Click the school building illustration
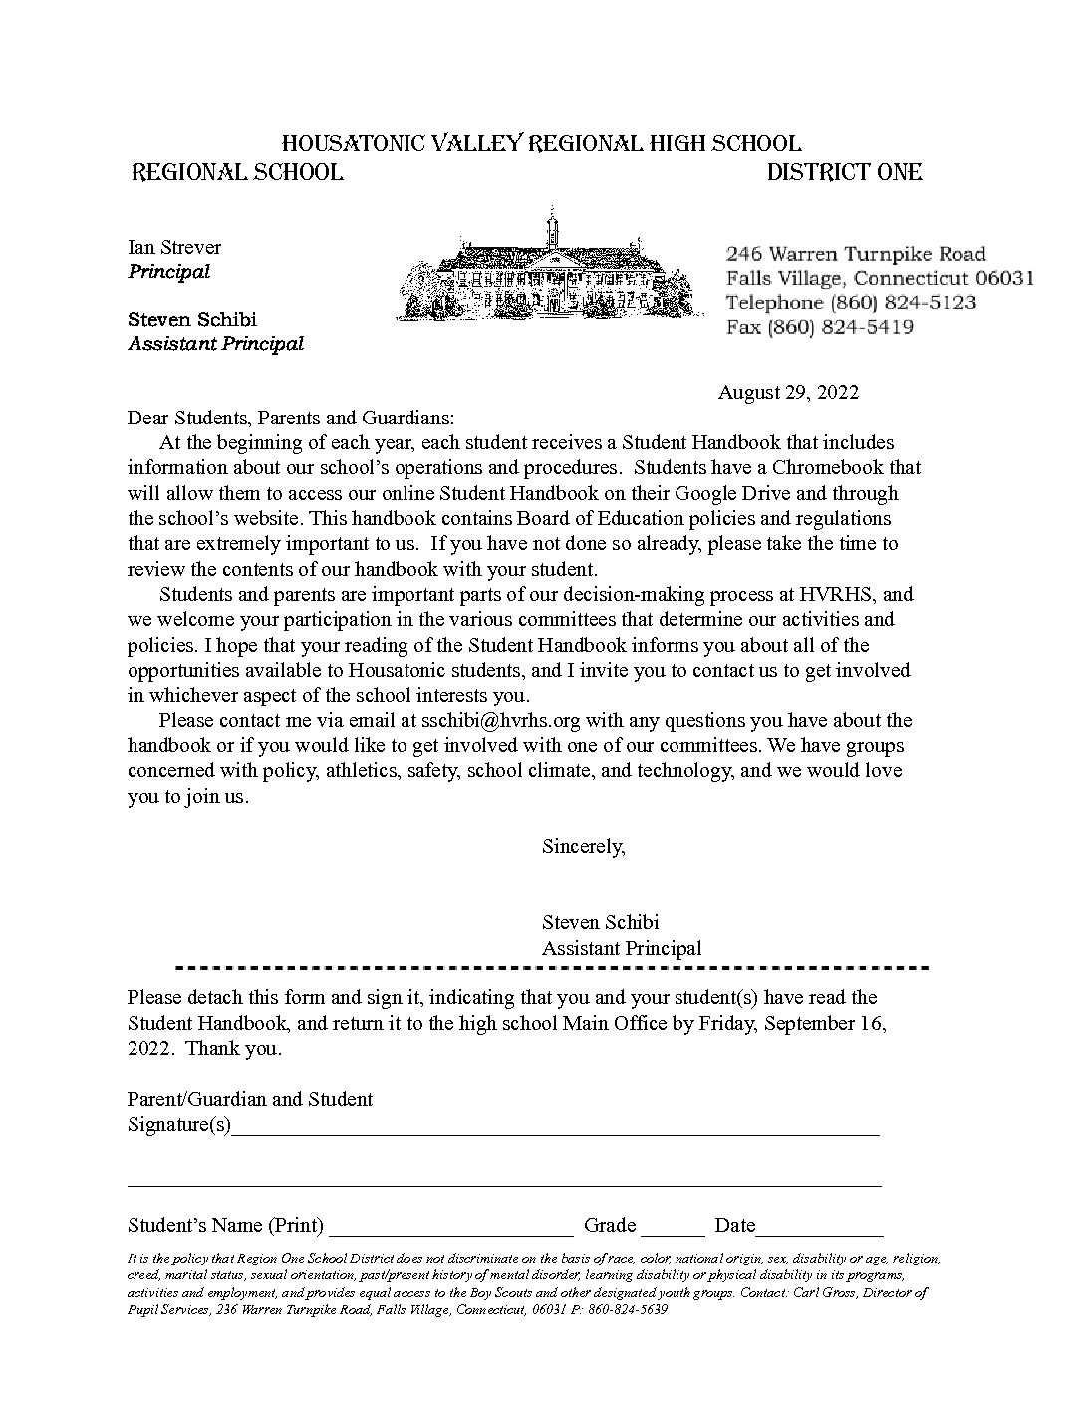pyautogui.click(x=546, y=267)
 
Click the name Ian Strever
pyautogui.click(x=174, y=247)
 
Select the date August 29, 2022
pyautogui.click(x=788, y=392)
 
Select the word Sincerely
pyautogui.click(x=583, y=846)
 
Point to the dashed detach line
pyautogui.click(x=551, y=968)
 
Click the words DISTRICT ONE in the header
pyautogui.click(x=844, y=172)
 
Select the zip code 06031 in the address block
pyautogui.click(x=1004, y=278)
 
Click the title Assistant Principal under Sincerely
pyautogui.click(x=622, y=948)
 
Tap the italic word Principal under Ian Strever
pyautogui.click(x=168, y=271)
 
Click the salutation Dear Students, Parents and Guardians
pyautogui.click(x=290, y=417)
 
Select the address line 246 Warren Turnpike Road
pyautogui.click(x=856, y=254)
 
